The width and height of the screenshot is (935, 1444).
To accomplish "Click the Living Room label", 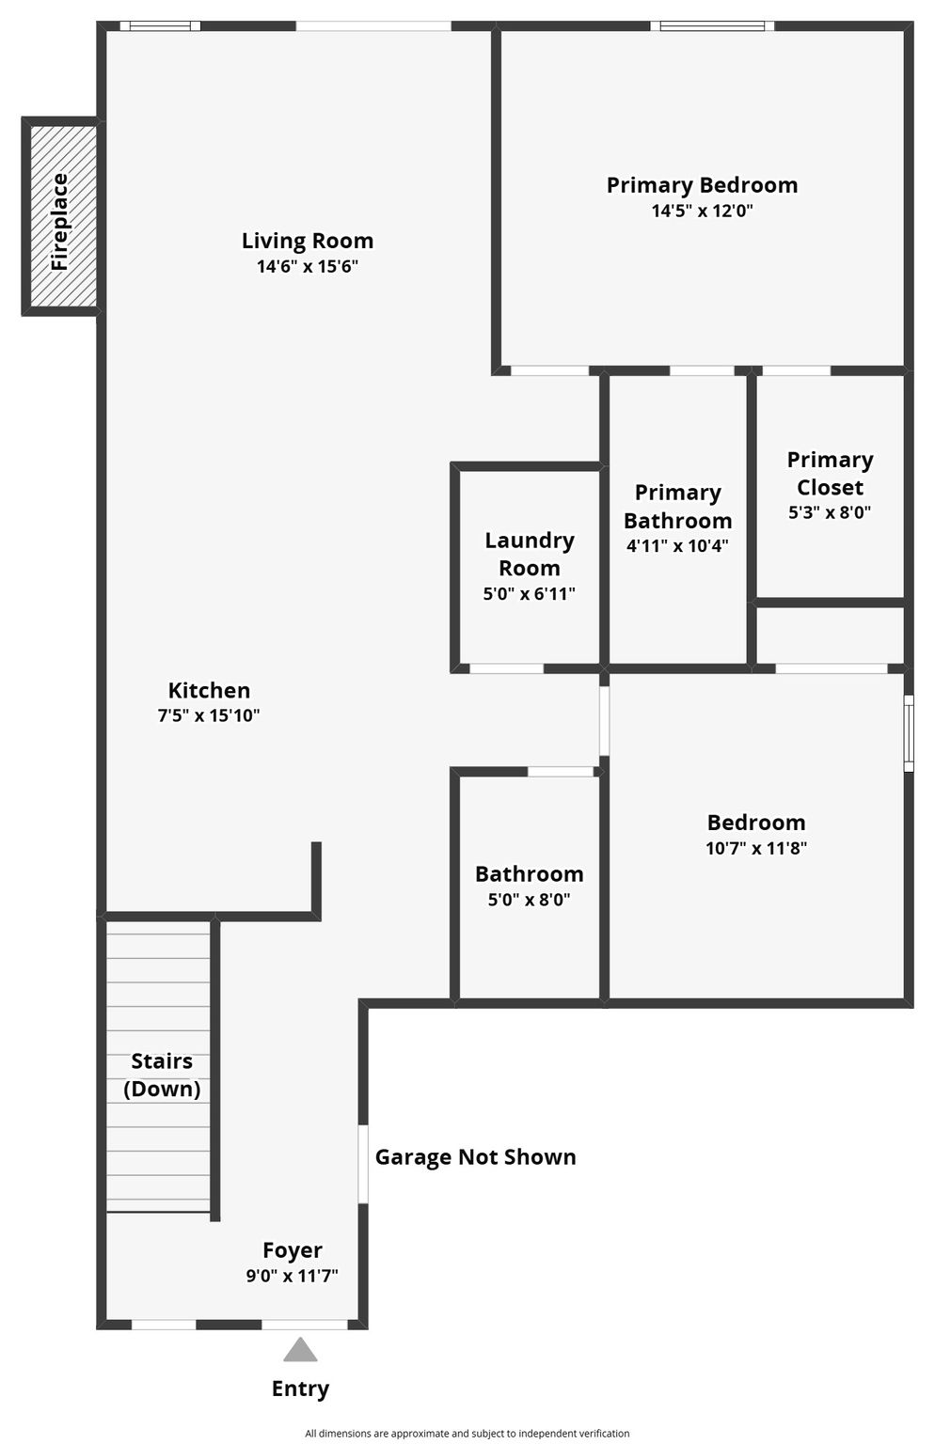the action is point(308,241).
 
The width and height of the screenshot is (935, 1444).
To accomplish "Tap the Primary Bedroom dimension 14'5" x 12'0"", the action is point(703,211).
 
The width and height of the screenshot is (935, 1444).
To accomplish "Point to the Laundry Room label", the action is point(530,554).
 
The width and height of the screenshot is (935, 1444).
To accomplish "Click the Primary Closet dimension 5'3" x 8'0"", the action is point(830,512).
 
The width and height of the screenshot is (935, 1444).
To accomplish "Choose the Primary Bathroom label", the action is point(677,506).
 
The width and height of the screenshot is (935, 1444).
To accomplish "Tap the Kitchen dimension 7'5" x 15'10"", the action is point(209,715).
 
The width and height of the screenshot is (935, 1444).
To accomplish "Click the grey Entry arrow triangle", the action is point(300,1349).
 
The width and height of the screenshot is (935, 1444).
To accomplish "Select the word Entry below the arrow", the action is point(300,1389).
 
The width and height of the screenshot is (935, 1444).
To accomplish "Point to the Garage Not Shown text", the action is point(476,1157).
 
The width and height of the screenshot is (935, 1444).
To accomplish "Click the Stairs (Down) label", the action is point(162,1075).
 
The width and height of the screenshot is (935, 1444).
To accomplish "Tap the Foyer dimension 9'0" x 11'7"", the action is point(293,1276).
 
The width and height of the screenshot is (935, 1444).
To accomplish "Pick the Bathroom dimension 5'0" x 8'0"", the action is point(530,900).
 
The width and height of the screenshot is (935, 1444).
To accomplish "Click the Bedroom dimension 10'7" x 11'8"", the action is point(756,848).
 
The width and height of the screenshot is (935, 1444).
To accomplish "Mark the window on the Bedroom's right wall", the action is point(909,733).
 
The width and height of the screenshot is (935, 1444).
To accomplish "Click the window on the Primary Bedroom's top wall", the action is point(712,26).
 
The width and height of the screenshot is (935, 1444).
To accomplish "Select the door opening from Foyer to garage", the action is point(363,1164).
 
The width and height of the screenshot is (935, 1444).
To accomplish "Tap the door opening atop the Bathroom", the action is point(561,772).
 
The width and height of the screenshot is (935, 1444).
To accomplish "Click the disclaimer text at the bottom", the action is point(467,1433).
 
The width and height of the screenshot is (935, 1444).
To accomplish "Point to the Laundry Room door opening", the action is point(507,668).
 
